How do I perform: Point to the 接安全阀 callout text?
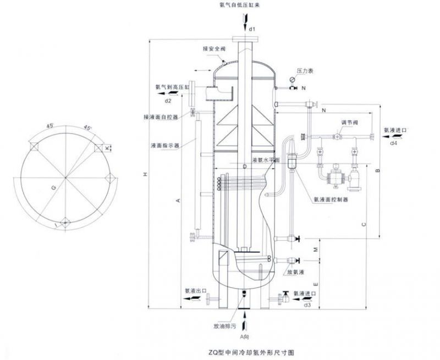pos(213,49)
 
